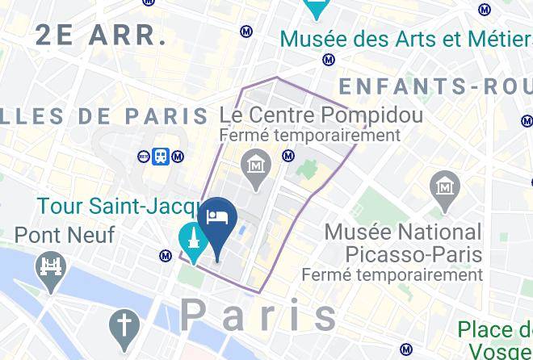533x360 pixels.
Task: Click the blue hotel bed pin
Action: [x=218, y=219]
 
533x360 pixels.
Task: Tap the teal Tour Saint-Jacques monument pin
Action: [x=194, y=240]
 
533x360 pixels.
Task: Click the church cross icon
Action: [x=124, y=327]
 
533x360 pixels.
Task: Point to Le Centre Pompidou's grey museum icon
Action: [x=257, y=165]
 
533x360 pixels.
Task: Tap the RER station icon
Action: [x=145, y=157]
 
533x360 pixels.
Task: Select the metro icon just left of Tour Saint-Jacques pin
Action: [x=166, y=256]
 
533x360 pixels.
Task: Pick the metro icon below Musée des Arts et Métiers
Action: [x=329, y=59]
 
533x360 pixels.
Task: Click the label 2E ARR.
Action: [x=101, y=36]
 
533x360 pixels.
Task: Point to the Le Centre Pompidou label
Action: [x=321, y=115]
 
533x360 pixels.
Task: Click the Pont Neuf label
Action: [x=65, y=236]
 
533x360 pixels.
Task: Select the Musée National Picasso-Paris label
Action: [x=402, y=243]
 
